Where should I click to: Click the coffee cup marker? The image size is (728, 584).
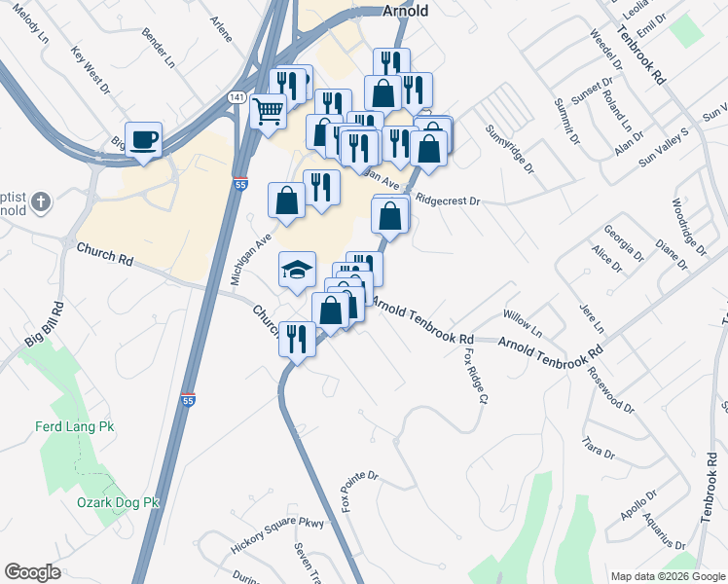coord(143,139)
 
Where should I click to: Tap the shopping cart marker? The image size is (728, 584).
coord(267,110)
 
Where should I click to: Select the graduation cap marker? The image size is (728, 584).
coord(298,270)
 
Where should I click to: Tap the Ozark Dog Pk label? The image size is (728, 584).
coord(117,502)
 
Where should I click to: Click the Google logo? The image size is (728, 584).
coord(32,572)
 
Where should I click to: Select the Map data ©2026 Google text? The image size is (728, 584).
coord(667,576)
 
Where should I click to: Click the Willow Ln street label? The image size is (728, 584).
coord(522,317)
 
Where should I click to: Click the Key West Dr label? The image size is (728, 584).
coord(92,69)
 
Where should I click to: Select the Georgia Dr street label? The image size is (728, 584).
coord(623,243)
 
